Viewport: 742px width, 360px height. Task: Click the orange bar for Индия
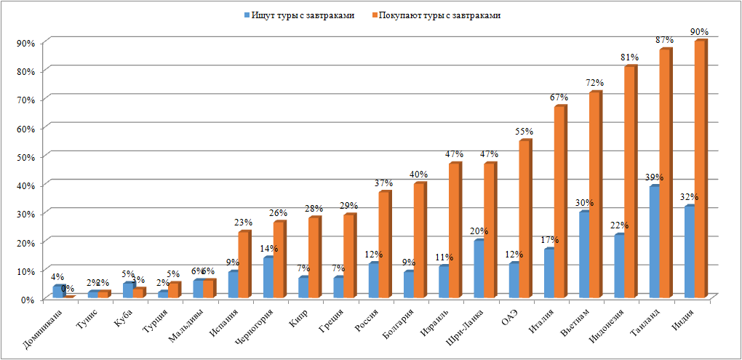[x=699, y=169]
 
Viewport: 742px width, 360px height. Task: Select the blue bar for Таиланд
[x=654, y=241]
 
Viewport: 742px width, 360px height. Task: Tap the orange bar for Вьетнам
[x=594, y=194]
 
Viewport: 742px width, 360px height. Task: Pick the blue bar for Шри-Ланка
[x=478, y=268]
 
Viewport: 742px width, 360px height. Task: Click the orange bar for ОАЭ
[x=524, y=218]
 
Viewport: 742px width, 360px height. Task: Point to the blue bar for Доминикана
[x=57, y=292]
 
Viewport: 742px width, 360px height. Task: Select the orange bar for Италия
[x=559, y=201]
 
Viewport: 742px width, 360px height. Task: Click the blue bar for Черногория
[x=268, y=277]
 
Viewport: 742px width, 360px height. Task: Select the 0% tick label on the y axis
[x=28, y=299]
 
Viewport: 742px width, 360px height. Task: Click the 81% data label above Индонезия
[x=629, y=57]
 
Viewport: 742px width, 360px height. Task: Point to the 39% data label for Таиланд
[x=655, y=178]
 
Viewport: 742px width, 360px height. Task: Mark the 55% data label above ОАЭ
[x=524, y=132]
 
